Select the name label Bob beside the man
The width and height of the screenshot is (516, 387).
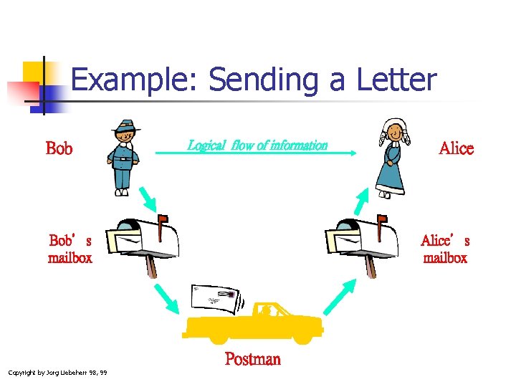59,149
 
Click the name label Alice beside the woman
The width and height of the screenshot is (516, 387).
456,148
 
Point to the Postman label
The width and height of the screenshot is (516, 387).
252,359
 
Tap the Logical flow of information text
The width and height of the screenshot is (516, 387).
257,145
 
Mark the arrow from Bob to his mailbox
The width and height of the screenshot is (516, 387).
151,200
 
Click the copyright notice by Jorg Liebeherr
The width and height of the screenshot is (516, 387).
57,373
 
